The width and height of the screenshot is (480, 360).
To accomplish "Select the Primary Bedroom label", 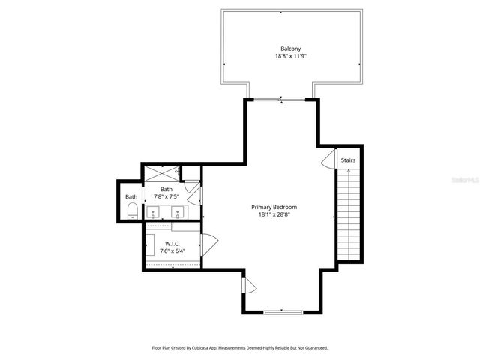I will pyautogui.click(x=274, y=207).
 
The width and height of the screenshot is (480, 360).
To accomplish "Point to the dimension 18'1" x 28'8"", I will pyautogui.click(x=274, y=215).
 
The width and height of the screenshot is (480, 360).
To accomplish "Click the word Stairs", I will pyautogui.click(x=348, y=160).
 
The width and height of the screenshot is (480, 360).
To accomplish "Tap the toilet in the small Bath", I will pyautogui.click(x=131, y=210).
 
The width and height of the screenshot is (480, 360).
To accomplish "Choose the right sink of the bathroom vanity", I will pyautogui.click(x=179, y=211).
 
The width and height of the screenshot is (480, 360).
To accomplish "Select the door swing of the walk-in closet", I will pyautogui.click(x=210, y=242).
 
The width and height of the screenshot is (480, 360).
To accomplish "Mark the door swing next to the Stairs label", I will pyautogui.click(x=328, y=160).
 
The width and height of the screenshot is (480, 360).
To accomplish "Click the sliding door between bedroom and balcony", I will pyautogui.click(x=280, y=99).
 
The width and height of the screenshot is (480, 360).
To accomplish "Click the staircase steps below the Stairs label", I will pyautogui.click(x=348, y=214).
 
